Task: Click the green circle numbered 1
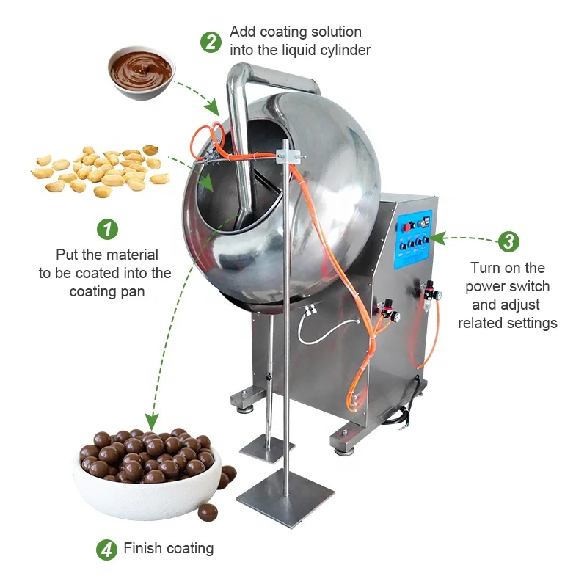click(108, 229)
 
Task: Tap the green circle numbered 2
click(211, 42)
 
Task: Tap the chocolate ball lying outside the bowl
click(208, 511)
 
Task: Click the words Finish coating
click(169, 548)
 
